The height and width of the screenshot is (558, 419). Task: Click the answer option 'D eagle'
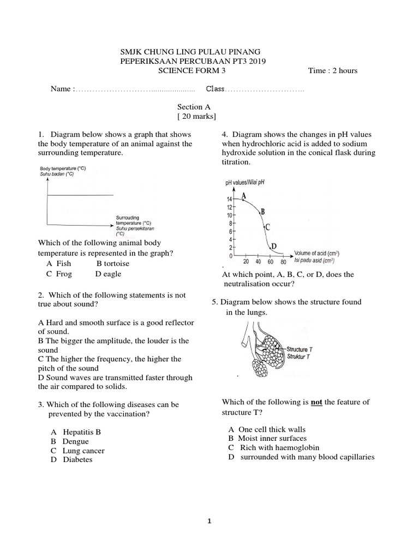[108, 274]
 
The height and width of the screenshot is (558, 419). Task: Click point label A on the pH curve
[243, 196]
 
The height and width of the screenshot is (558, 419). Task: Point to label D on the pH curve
[274, 246]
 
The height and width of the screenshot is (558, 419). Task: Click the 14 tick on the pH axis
[230, 200]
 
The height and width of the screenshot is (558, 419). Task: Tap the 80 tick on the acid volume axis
[283, 262]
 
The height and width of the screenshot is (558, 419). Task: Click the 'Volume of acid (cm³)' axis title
[316, 253]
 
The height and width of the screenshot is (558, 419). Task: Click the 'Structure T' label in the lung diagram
[299, 349]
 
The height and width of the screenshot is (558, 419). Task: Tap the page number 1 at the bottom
[209, 521]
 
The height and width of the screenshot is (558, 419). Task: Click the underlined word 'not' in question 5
[316, 402]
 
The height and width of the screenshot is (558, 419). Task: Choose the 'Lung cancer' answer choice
[83, 451]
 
